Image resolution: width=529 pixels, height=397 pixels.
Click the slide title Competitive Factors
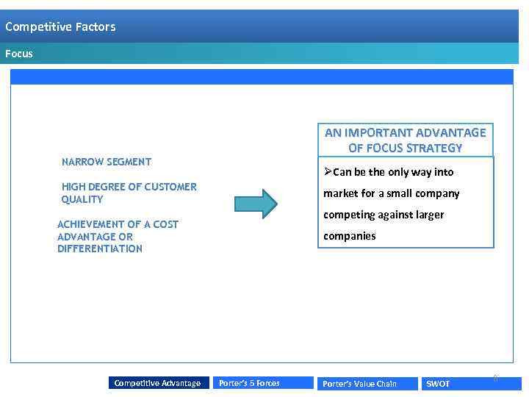click(x=60, y=27)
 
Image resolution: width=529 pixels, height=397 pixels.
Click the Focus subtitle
click(x=19, y=54)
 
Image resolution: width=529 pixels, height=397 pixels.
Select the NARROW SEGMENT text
click(x=107, y=162)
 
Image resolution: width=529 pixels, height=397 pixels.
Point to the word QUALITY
click(x=82, y=199)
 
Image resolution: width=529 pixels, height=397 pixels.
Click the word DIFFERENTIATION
click(x=100, y=248)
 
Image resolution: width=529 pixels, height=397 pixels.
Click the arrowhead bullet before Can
click(x=328, y=172)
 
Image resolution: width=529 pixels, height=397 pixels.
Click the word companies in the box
click(x=350, y=236)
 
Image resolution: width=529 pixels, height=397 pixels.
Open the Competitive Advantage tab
click(x=157, y=383)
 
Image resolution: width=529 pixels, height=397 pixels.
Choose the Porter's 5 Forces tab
click(x=249, y=383)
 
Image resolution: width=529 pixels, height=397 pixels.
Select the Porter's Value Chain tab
click(x=359, y=384)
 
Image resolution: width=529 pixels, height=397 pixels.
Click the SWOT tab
click(x=439, y=384)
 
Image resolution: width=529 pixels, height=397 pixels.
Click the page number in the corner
click(x=495, y=379)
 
